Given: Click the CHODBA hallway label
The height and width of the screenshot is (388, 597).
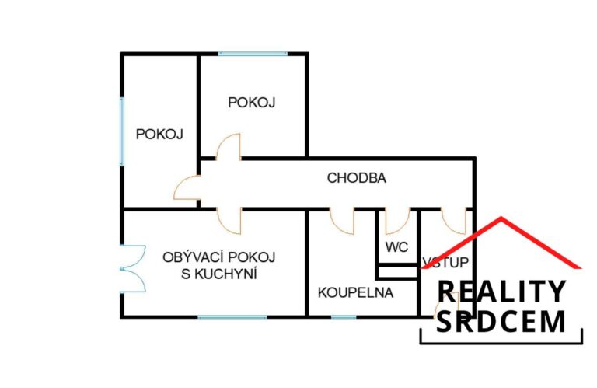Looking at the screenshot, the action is (x=356, y=178).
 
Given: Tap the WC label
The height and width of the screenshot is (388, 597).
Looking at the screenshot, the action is (x=396, y=247).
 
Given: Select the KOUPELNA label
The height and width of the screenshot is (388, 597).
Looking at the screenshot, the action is (x=355, y=292).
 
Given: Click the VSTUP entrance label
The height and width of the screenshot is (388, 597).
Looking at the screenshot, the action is (x=445, y=262).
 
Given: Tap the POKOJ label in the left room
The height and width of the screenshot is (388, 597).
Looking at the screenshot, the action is (x=159, y=134).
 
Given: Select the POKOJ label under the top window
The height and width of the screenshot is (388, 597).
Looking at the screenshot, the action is (x=251, y=103).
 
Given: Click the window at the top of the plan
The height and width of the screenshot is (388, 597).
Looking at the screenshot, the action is (x=253, y=54).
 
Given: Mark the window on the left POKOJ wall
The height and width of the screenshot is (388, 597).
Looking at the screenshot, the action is (x=122, y=131).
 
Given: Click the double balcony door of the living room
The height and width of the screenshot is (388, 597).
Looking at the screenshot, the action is (x=132, y=269).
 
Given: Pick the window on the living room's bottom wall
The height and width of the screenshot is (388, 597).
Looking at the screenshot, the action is (x=232, y=316).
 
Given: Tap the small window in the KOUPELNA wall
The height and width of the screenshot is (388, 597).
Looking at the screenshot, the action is (x=344, y=316).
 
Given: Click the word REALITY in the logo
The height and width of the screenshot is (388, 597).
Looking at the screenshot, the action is (x=501, y=292).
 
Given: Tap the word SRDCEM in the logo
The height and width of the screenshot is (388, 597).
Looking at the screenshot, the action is (x=501, y=322).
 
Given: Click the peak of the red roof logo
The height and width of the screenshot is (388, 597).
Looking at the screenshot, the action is (x=501, y=218).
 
